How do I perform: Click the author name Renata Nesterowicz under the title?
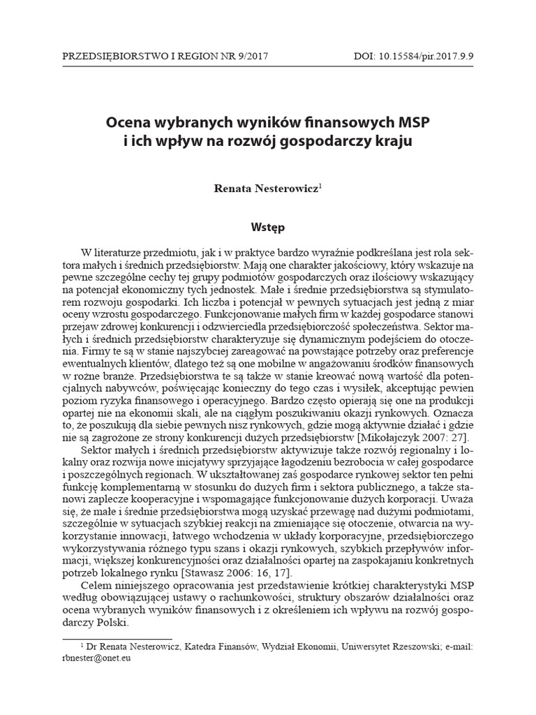point(266,189)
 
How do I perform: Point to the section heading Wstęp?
point(267,227)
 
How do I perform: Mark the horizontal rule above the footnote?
point(116,638)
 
